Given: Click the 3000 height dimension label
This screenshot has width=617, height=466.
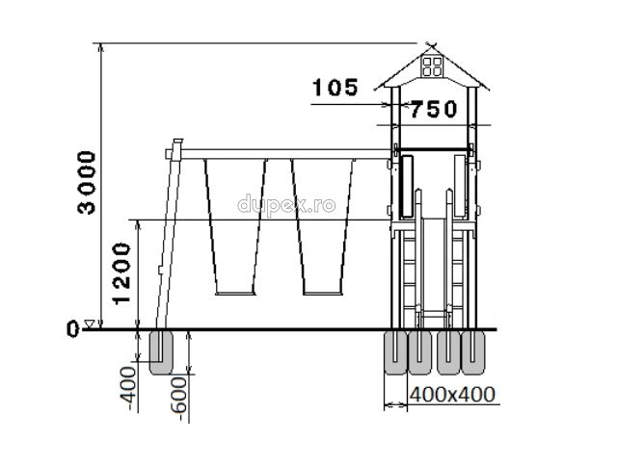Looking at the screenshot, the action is click(x=87, y=183).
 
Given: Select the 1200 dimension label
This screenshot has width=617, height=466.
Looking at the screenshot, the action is click(x=121, y=273).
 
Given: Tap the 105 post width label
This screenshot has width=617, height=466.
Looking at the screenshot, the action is click(x=335, y=88).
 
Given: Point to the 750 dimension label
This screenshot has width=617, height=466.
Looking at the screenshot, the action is click(x=434, y=109).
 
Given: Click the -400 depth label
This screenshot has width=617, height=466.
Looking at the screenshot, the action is click(x=128, y=389).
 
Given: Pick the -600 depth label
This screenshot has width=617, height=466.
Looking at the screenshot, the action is click(x=179, y=399).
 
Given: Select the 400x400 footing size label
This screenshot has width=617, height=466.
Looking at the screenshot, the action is click(x=452, y=395).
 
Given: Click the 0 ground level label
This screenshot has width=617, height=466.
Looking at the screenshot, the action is click(x=73, y=328).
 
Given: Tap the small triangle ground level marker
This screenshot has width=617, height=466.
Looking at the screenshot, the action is click(x=90, y=324).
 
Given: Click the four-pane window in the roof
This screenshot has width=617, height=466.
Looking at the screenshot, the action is click(x=432, y=66).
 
